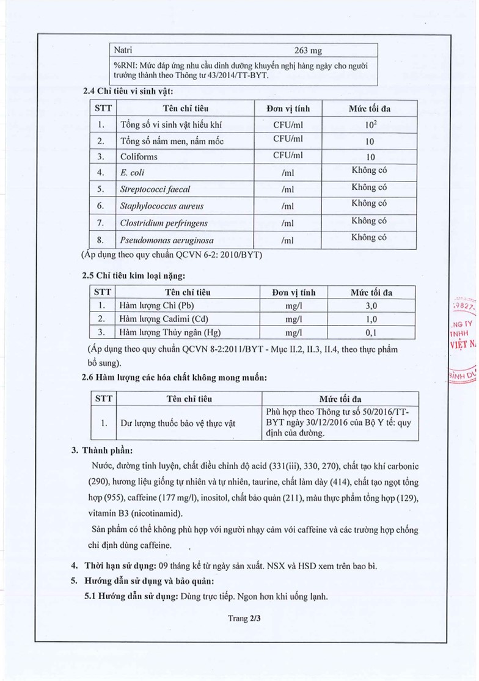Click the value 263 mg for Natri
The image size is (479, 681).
coord(308,50)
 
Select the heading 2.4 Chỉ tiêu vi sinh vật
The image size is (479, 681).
coord(128,91)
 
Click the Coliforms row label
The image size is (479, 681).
coord(139,156)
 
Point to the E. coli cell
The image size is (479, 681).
coord(133,173)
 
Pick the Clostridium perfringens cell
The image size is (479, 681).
coord(164,223)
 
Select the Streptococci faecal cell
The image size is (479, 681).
coord(155,189)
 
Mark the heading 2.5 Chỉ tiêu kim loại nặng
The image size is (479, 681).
coord(134,276)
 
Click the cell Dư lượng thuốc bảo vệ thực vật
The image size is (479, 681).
coord(176,423)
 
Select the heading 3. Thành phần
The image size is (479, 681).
coord(101,451)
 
